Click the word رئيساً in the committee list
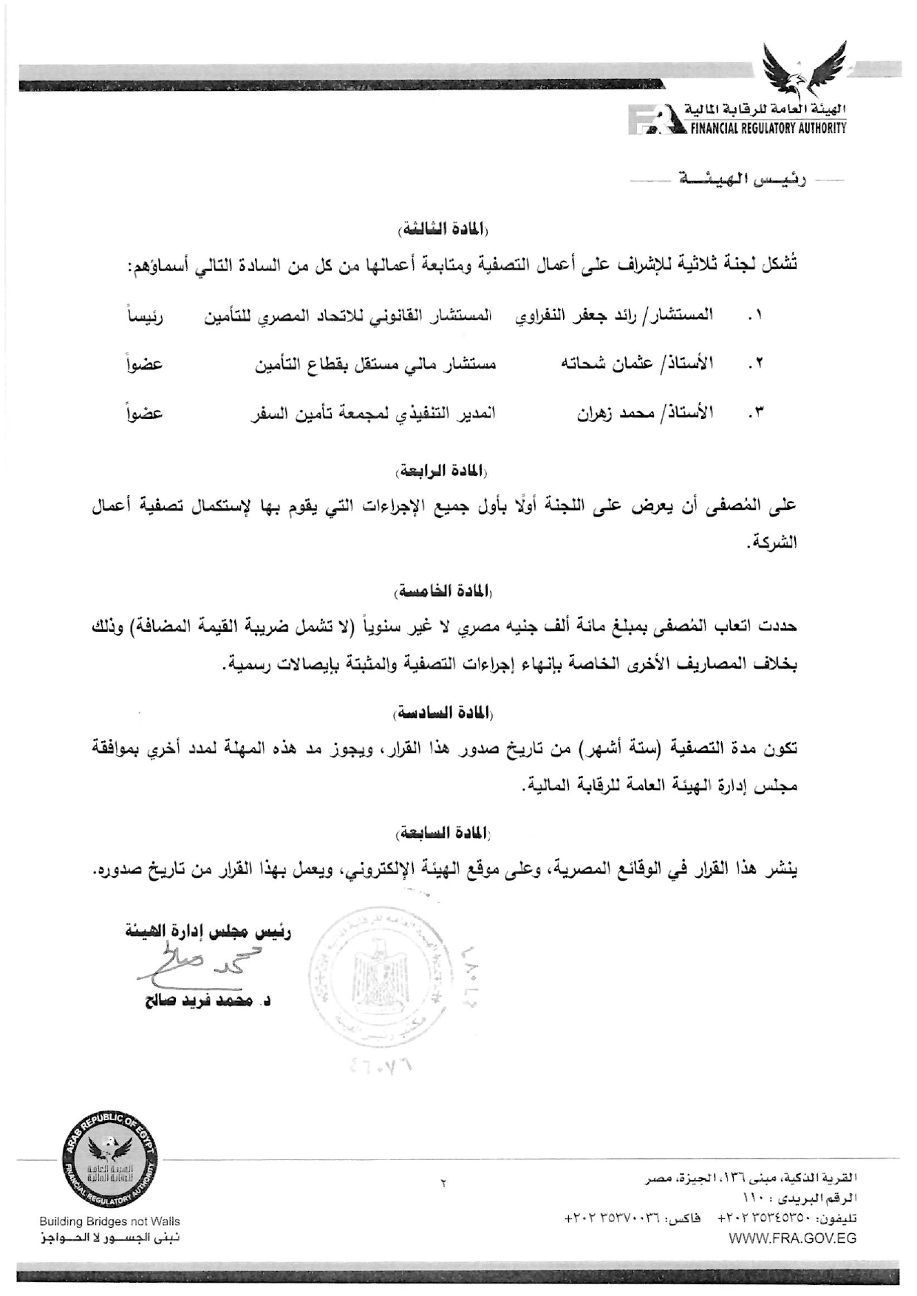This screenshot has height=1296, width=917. [145, 316]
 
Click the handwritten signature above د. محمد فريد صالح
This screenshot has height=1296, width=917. [201, 966]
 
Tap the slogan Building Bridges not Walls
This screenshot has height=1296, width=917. [109, 1221]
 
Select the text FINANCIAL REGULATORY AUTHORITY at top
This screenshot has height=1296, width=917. [768, 128]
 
